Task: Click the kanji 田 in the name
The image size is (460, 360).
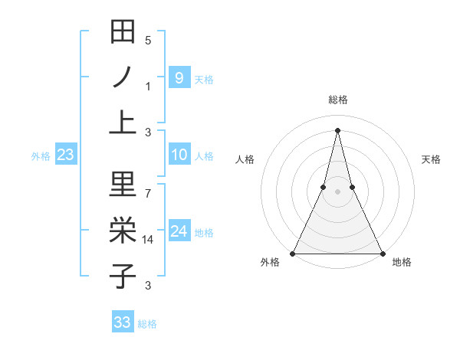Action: pos(123,33)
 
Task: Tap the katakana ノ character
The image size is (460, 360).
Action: pos(123,77)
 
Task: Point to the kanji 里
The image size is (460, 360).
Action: pos(123,185)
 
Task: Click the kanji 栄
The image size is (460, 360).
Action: pos(123,231)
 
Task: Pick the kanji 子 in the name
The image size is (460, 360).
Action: pos(123,276)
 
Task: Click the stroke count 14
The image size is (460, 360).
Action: pos(149,240)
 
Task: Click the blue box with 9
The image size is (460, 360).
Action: pos(179,77)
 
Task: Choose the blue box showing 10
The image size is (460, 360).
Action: pos(179,155)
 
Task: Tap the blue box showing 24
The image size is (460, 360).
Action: pos(179,231)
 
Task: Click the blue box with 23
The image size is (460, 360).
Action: pos(66,155)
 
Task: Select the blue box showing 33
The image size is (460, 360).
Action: pos(122,322)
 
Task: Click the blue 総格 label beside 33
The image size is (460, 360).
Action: pos(147,324)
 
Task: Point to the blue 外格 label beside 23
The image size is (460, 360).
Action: pos(41,156)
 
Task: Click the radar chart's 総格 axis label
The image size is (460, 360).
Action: pos(337,100)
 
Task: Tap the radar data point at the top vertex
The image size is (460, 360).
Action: pos(337,129)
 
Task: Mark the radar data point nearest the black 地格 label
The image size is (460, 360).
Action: pos(382,254)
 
